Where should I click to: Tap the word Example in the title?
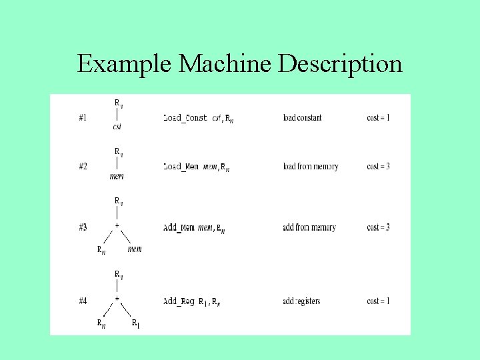click(x=126, y=65)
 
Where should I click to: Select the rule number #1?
click(x=83, y=118)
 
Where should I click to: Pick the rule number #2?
click(x=83, y=167)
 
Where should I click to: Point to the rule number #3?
click(x=83, y=227)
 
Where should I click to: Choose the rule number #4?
click(x=83, y=301)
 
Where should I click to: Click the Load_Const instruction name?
click(x=185, y=118)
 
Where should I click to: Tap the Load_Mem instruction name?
click(x=181, y=167)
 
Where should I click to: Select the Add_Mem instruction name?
click(x=179, y=227)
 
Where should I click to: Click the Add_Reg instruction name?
click(x=179, y=301)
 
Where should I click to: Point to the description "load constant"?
click(x=302, y=118)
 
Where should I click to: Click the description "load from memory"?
click(x=310, y=167)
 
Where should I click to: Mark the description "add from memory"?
click(x=309, y=227)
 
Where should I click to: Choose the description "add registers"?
click(x=301, y=301)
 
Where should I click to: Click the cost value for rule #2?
click(x=378, y=167)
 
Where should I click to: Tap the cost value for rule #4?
click(x=378, y=301)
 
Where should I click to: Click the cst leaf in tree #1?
click(x=117, y=127)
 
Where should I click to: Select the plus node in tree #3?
click(x=117, y=226)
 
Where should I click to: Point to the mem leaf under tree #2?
click(x=117, y=177)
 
